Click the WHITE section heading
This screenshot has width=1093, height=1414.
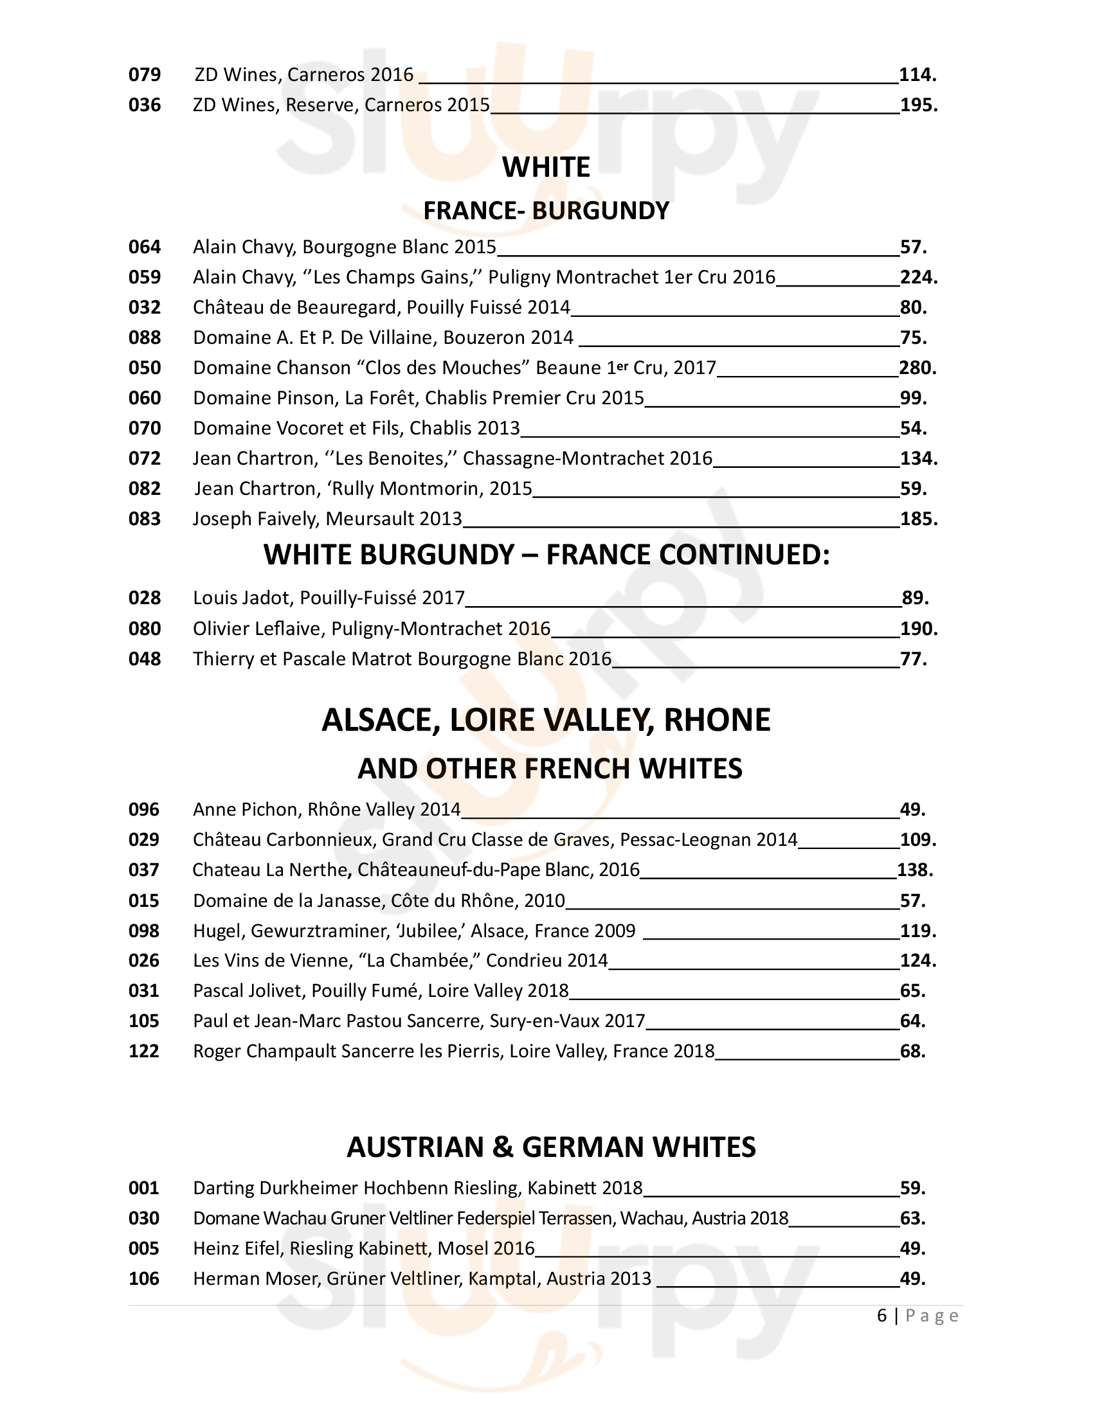coord(546,167)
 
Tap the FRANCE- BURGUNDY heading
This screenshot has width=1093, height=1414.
coord(546,210)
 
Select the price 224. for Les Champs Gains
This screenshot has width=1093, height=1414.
coord(918,277)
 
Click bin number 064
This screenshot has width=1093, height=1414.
coord(145,247)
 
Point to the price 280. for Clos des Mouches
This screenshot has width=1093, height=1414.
coord(917,368)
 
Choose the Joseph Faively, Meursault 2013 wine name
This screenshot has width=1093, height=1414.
coord(327,519)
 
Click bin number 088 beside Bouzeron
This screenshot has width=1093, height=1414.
coord(145,337)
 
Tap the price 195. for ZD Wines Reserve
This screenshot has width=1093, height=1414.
coord(919,105)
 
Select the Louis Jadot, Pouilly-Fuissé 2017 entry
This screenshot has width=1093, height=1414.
coord(329,598)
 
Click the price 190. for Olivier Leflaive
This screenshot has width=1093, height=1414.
coord(919,629)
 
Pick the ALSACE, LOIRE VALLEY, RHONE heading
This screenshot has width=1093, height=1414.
coord(546,720)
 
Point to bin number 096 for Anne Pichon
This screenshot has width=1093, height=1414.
coord(144,809)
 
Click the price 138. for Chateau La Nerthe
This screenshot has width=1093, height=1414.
coord(915,870)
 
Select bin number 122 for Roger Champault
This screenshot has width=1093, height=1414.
coord(144,1051)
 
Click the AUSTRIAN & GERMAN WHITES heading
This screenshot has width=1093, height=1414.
coord(551,1147)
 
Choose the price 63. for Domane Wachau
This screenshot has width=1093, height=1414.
coord(912,1219)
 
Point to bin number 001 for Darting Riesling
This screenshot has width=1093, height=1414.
coord(144,1188)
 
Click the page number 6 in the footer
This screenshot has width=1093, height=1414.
coord(882,1316)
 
